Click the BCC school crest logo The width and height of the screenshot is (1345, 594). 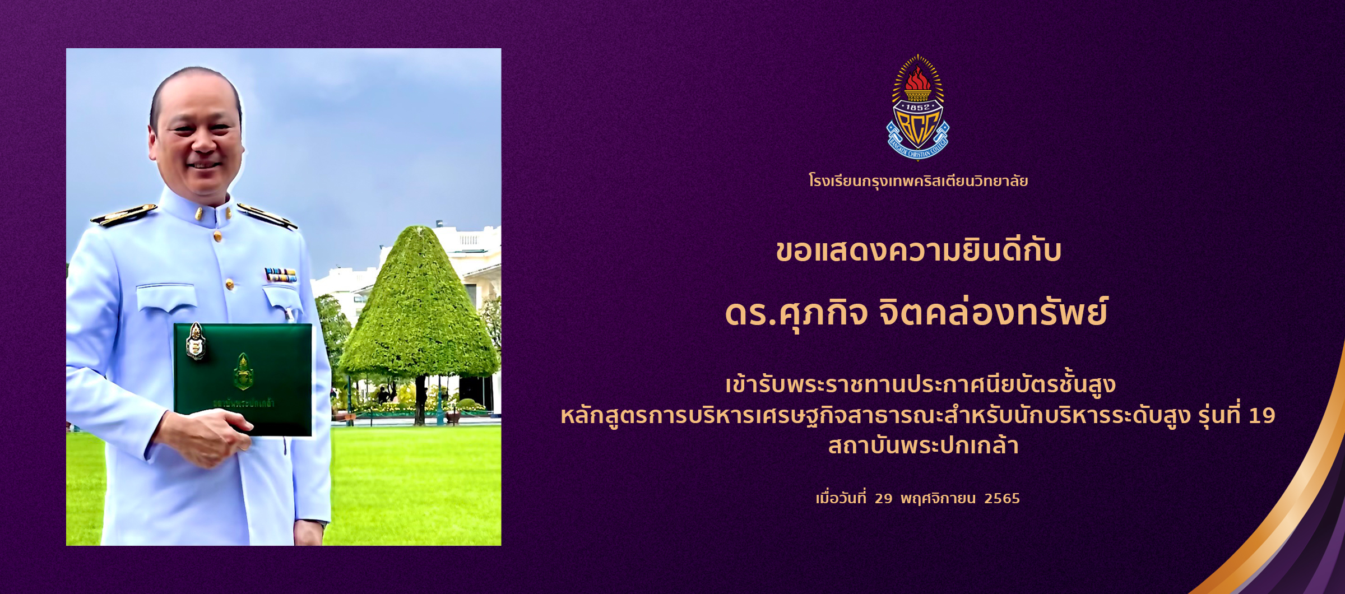917,108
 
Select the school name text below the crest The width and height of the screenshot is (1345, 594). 918,181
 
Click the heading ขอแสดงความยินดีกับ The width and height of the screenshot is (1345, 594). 918,251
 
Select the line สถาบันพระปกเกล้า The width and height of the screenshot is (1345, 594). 922,446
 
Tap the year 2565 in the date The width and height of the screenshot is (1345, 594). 1002,499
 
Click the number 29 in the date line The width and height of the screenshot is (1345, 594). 883,499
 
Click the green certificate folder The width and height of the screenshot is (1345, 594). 243,379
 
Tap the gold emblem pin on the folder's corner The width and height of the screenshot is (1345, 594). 195,341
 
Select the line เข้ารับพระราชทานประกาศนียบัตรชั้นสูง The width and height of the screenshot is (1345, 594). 917,386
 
